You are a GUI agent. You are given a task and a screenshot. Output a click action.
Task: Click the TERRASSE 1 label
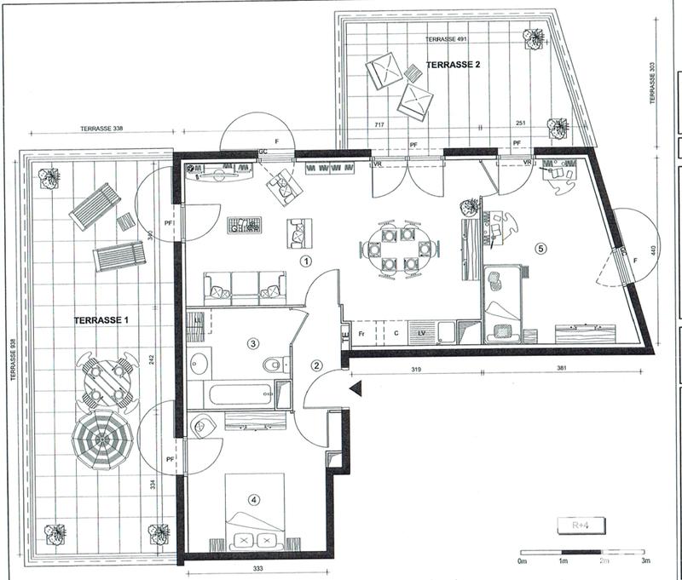(x=101, y=320)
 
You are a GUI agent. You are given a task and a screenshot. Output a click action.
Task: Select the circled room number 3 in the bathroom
(x=252, y=344)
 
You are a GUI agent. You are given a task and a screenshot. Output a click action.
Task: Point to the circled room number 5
(x=538, y=249)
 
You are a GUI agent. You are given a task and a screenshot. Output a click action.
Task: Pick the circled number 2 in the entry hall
(x=317, y=366)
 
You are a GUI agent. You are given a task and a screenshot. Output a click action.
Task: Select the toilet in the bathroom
(x=272, y=365)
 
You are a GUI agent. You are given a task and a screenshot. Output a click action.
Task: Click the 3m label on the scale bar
(x=645, y=562)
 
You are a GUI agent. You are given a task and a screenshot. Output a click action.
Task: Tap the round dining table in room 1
(x=399, y=248)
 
